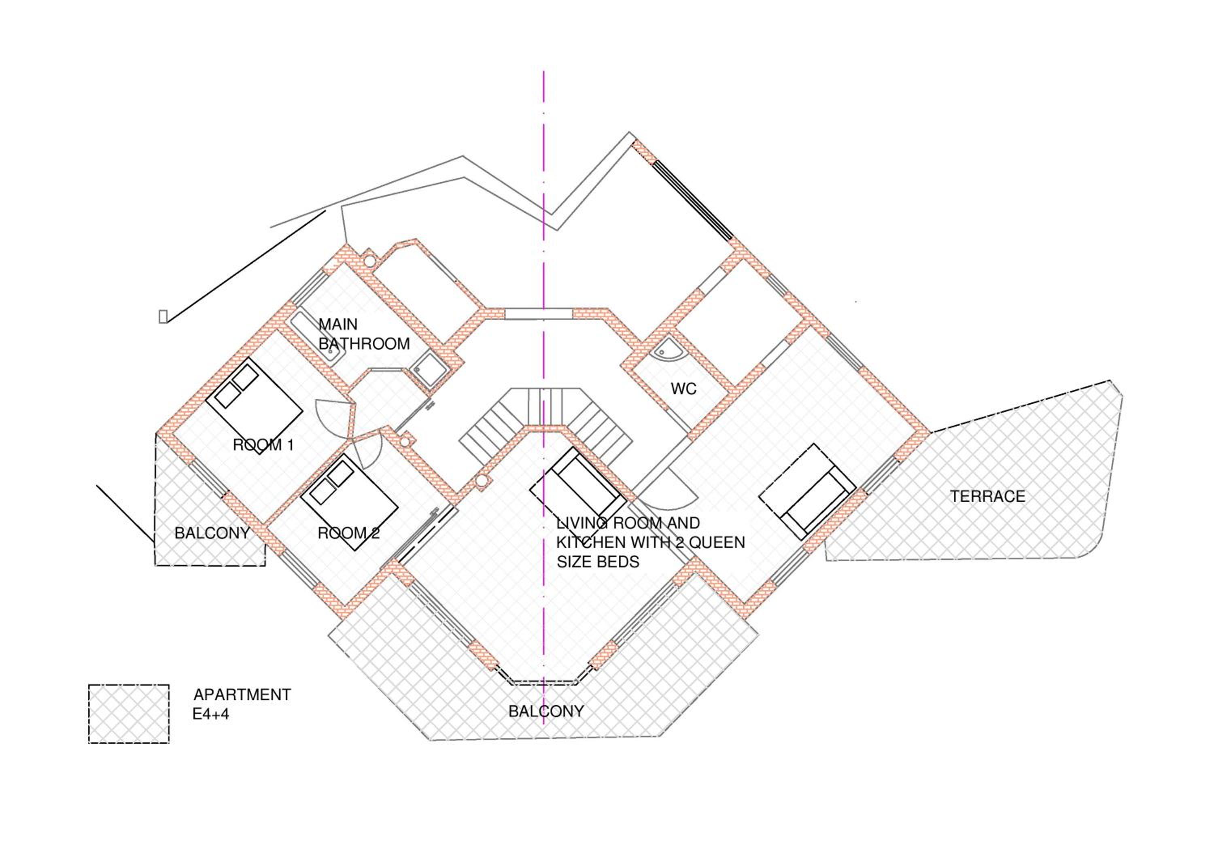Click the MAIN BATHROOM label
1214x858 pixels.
click(x=364, y=334)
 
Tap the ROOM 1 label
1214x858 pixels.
click(x=263, y=445)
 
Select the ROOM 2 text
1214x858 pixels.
click(x=348, y=533)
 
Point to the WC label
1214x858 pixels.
click(x=683, y=389)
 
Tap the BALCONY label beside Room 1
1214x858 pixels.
click(x=212, y=533)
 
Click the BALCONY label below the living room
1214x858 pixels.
click(x=546, y=711)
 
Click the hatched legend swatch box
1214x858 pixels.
click(x=129, y=714)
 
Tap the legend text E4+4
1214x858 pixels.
click(x=210, y=714)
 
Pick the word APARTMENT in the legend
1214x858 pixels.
click(x=242, y=694)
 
